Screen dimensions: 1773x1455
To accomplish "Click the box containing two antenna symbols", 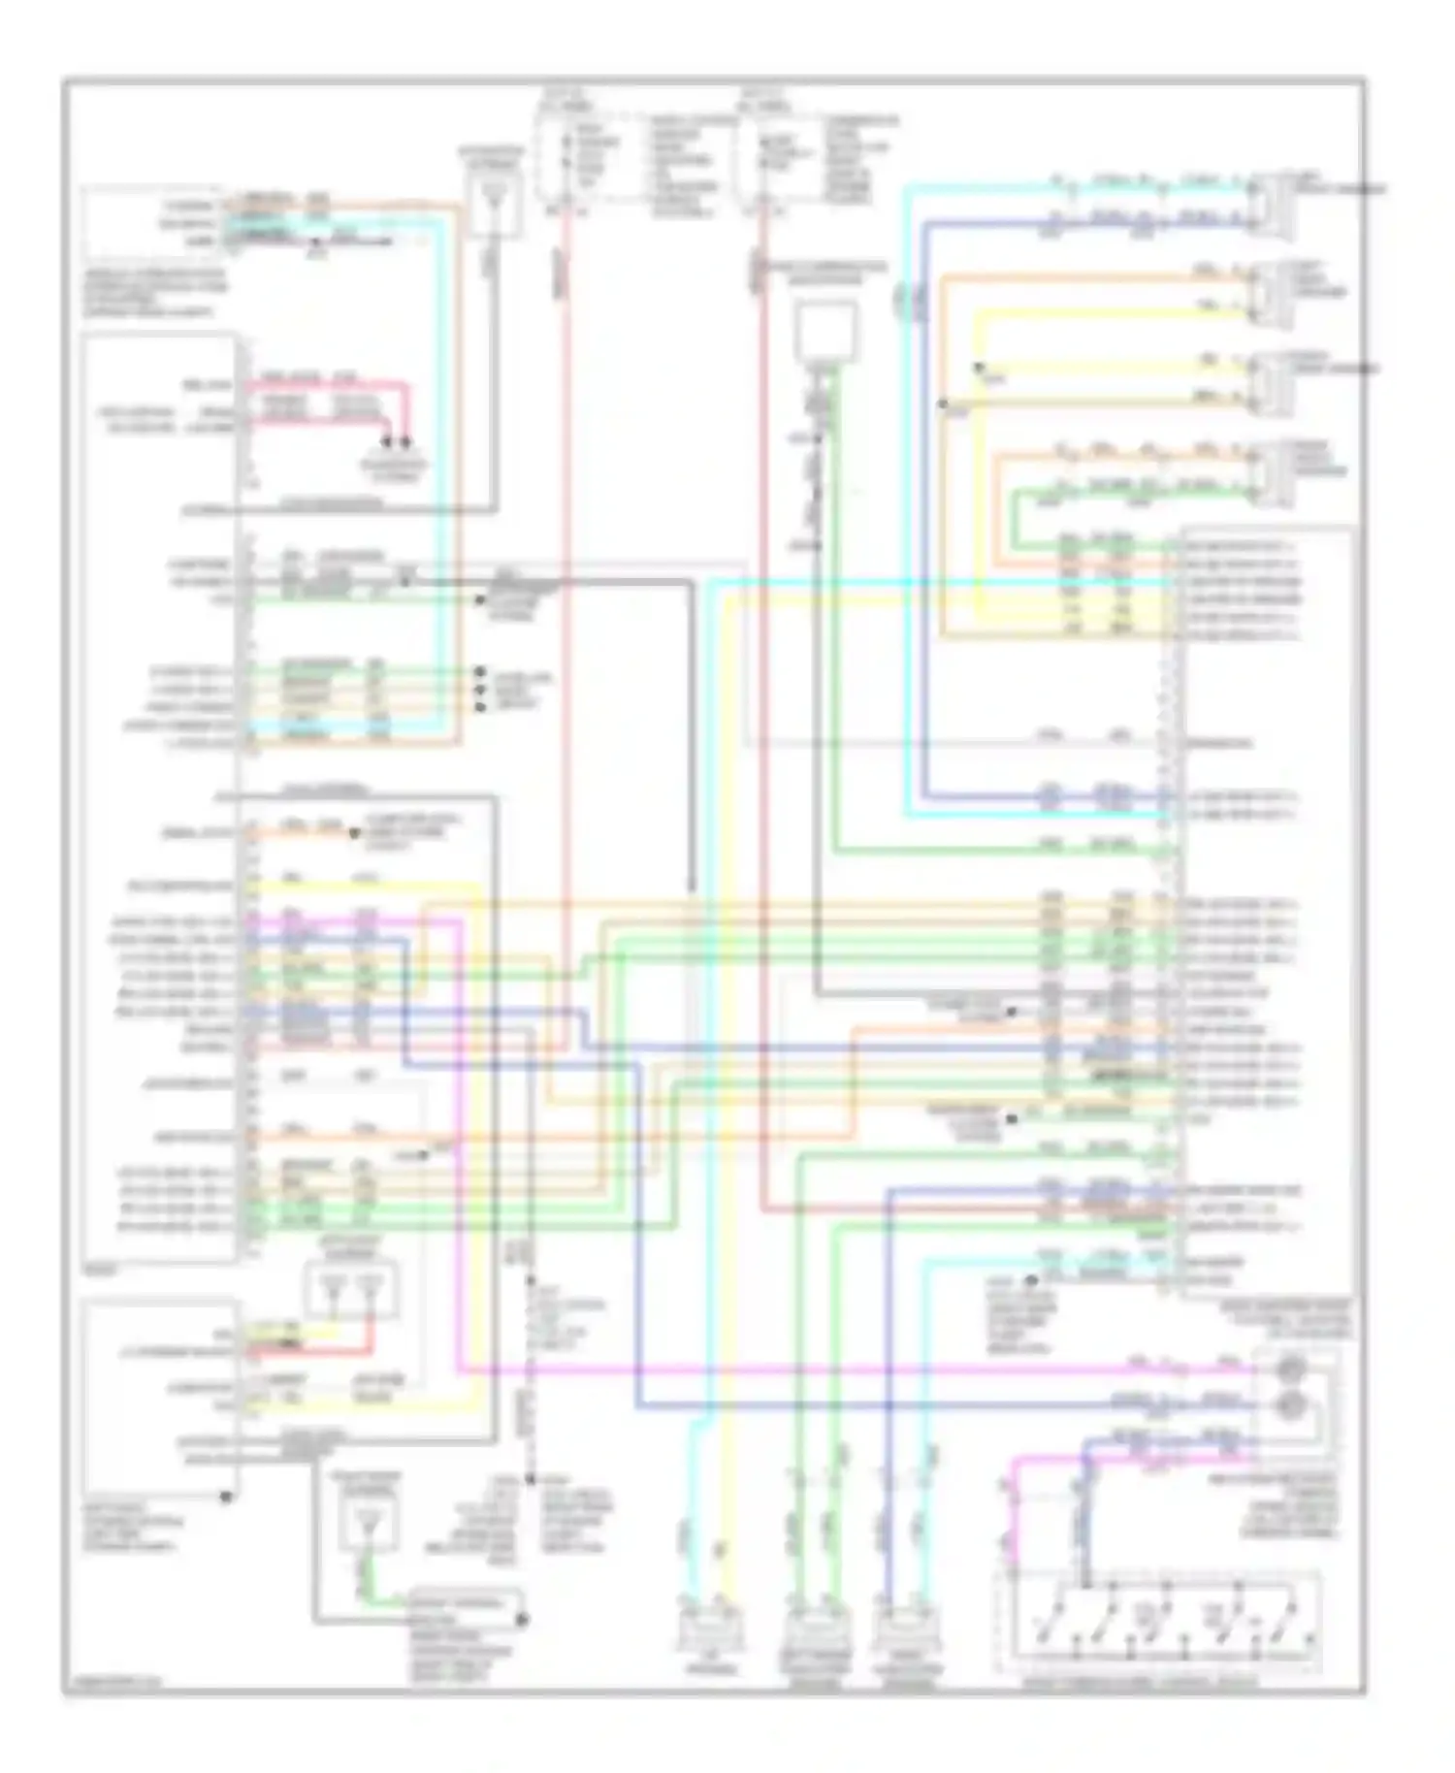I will pos(351,1289).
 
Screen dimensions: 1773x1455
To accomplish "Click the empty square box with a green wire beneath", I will pos(826,331).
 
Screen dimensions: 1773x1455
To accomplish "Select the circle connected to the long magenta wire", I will pos(1291,1370).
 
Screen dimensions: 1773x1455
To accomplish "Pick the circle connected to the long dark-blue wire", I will pos(1291,1403).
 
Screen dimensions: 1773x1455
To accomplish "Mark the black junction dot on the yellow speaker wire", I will pos(978,368).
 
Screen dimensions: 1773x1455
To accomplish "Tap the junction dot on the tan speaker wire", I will pos(943,402).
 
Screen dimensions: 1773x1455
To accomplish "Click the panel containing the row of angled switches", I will pos(1159,1621).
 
